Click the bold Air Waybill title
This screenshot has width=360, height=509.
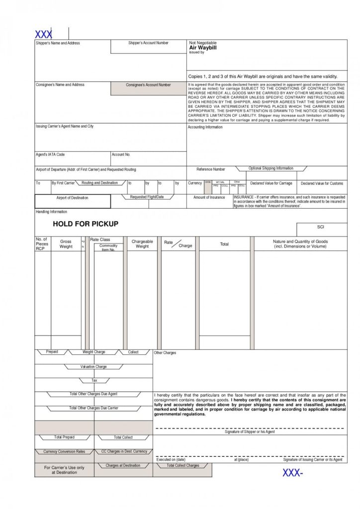tap(203, 48)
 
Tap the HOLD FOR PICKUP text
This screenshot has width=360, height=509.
tap(86, 224)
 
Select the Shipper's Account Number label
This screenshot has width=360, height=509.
tap(148, 43)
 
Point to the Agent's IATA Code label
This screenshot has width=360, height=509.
tap(50, 155)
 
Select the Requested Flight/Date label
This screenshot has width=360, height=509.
tap(147, 197)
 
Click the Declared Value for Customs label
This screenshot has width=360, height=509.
tap(322, 183)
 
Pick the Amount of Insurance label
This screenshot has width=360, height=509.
tap(209, 197)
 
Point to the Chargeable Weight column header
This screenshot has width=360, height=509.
tap(142, 244)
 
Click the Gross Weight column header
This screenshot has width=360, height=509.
tap(66, 244)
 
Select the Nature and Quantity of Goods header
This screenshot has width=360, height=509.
tap(300, 244)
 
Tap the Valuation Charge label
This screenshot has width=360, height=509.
tap(94, 367)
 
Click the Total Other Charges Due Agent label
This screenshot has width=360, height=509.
tap(93, 394)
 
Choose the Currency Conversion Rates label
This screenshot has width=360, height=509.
tap(64, 452)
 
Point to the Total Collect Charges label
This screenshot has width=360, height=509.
tap(182, 466)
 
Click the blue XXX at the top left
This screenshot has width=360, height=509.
tap(43, 35)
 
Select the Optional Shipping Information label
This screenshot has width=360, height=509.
tap(271, 169)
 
